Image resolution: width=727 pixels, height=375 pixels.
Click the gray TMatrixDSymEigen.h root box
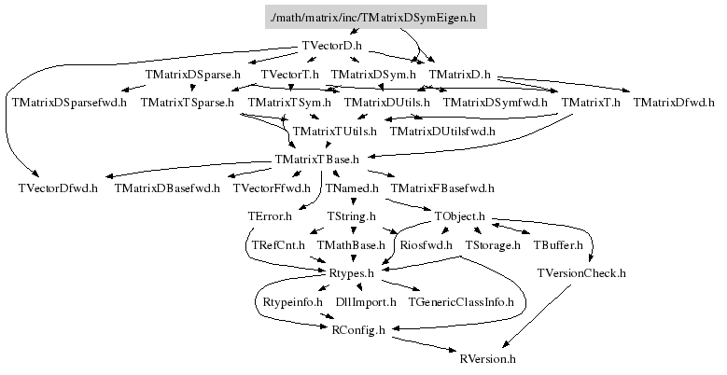point(372,18)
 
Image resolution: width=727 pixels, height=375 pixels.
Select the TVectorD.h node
point(332,46)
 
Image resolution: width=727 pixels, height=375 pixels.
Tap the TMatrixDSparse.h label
point(193,74)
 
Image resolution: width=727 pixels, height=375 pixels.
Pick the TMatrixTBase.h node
point(317,160)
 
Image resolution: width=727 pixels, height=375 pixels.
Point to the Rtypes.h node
point(352,273)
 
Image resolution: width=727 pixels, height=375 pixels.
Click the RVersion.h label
point(488,358)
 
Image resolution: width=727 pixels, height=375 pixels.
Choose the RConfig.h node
point(358,330)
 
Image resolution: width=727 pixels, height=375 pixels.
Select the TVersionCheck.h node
point(581,273)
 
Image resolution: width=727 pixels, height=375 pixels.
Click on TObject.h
point(460,216)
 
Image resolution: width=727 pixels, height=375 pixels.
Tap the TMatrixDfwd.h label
point(673,103)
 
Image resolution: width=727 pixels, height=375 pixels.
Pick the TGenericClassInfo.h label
point(461,302)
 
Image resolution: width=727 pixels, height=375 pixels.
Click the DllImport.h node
point(366,302)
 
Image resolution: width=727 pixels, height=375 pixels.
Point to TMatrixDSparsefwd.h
point(68,103)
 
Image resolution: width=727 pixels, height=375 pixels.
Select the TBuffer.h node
point(558,245)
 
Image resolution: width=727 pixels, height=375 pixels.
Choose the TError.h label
point(271,216)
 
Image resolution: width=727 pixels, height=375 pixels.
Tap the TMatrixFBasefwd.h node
point(442,188)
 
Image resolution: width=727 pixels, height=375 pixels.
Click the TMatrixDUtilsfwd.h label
point(442,132)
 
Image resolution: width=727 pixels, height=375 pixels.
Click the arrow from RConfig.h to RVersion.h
point(425,344)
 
